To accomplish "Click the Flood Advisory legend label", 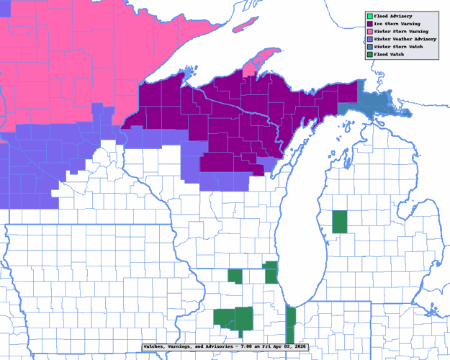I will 393,15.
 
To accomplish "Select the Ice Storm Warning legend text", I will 396,23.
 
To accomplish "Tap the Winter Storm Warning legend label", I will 400,31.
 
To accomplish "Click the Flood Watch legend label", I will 390,55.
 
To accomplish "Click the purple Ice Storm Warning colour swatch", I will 369,23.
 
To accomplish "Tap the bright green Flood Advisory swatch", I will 369,15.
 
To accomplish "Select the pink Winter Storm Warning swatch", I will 369,31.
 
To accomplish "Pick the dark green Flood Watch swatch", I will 369,55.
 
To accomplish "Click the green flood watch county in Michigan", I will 339,222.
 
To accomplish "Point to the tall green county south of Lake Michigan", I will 291,324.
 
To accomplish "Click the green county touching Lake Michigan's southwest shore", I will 271,272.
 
